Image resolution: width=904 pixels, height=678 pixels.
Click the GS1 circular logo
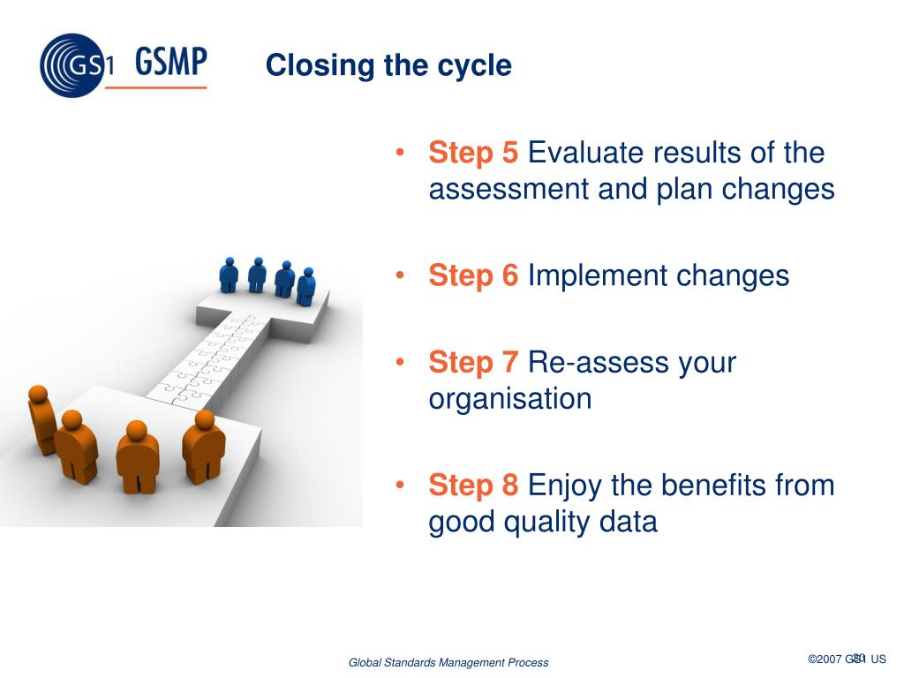point(71,65)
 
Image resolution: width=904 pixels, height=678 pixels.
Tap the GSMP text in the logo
point(171,64)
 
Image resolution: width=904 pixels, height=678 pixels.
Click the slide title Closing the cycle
point(388,65)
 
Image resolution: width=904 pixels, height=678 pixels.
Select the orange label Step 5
point(473,153)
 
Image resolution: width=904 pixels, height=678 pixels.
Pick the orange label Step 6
point(473,275)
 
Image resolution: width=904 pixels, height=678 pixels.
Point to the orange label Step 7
point(473,362)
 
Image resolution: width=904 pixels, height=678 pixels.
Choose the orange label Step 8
point(473,485)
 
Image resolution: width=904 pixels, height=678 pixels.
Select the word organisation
point(510,399)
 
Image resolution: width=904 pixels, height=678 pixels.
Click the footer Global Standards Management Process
point(448,662)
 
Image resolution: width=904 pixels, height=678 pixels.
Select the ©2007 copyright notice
point(847,659)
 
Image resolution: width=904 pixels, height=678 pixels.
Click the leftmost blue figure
point(229,275)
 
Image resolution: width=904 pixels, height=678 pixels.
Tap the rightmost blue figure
point(306,286)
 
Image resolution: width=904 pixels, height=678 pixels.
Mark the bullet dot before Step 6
point(401,275)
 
